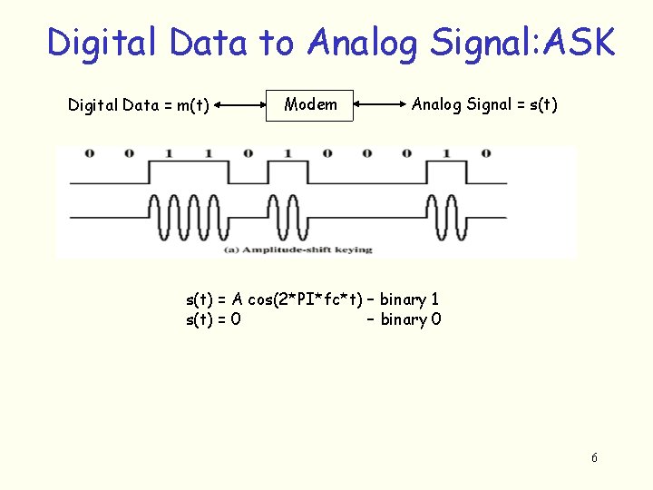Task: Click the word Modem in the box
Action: point(310,104)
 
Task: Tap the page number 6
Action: point(594,457)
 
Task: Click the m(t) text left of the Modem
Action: point(192,105)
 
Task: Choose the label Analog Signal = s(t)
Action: point(484,104)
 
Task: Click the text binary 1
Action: point(410,299)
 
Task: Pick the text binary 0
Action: point(411,319)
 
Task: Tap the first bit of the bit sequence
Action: point(89,152)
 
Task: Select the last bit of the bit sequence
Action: point(486,152)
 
